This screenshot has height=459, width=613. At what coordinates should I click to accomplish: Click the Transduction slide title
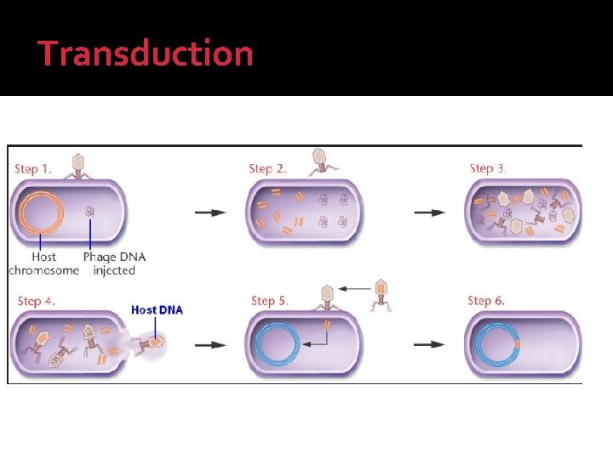(x=146, y=54)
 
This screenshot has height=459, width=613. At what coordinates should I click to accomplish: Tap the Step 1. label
(x=32, y=167)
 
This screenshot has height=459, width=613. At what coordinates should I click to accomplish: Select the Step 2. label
(x=267, y=167)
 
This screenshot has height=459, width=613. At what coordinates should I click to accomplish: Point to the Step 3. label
(x=488, y=167)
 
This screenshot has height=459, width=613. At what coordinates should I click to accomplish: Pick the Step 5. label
(x=270, y=301)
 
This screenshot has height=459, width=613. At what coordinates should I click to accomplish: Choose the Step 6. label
(x=487, y=301)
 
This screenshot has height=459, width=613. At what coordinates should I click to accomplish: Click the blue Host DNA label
(x=157, y=309)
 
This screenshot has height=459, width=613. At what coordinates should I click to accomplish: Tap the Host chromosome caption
(x=43, y=263)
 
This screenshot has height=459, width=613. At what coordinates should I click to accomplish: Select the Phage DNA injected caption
(x=114, y=263)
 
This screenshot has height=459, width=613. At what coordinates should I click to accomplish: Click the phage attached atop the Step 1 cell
(x=77, y=166)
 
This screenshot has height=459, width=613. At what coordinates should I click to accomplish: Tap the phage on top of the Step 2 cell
(x=321, y=161)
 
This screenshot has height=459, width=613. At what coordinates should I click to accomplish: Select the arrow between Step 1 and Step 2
(x=210, y=212)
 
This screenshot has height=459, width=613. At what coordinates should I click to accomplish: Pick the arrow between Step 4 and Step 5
(x=210, y=345)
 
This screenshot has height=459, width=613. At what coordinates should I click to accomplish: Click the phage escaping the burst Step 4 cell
(x=152, y=343)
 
